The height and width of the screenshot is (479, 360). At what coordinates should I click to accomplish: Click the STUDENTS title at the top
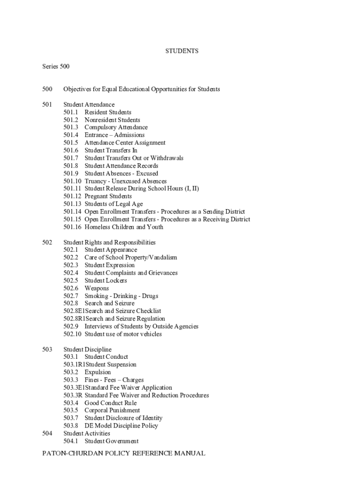click(182, 51)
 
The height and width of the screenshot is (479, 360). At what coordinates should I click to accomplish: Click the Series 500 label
click(56, 66)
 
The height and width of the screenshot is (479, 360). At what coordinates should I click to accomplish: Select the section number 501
click(47, 104)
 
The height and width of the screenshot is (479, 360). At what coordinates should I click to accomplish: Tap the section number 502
click(47, 242)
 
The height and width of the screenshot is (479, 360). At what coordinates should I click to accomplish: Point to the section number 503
click(47, 349)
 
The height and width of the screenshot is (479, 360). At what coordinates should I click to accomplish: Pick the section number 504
click(47, 434)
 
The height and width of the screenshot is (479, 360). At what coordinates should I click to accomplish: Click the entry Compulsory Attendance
click(116, 127)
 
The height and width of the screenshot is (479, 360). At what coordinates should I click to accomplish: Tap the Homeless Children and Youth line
click(124, 227)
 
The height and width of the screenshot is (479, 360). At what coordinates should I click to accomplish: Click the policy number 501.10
click(73, 181)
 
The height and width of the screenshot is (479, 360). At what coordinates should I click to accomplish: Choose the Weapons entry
click(96, 288)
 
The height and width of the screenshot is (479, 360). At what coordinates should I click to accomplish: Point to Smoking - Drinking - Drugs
click(121, 296)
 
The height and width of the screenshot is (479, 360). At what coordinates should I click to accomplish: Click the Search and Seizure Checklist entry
click(122, 311)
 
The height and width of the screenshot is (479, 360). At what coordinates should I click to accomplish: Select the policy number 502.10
click(73, 334)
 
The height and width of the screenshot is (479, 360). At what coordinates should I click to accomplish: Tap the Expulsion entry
click(98, 372)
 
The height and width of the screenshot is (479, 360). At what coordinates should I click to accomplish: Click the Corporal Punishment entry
click(112, 411)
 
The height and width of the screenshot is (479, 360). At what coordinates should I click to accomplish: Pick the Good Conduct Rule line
click(110, 403)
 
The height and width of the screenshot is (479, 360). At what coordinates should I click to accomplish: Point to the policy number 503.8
click(71, 426)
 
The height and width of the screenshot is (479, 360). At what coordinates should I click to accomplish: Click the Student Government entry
click(111, 441)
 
